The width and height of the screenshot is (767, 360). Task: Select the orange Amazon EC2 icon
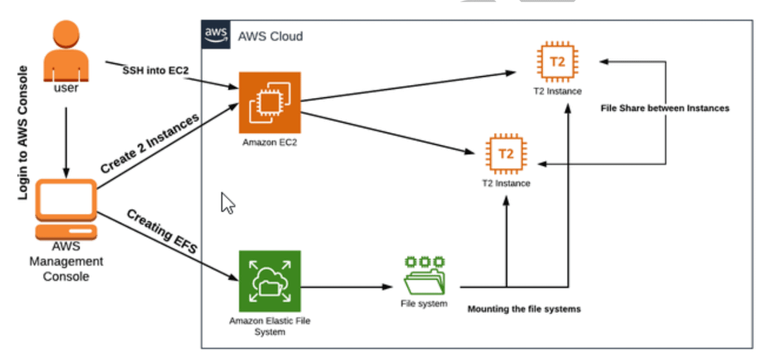[x=270, y=103]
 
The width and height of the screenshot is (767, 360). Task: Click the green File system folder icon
[x=425, y=276]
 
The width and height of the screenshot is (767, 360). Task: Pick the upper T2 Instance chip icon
[x=557, y=62]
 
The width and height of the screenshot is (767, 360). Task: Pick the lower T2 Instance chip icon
[x=506, y=154]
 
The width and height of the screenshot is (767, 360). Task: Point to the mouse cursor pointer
[x=228, y=203]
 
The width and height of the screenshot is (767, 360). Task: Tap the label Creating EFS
[x=162, y=231]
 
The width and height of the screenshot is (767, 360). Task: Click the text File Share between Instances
[x=664, y=108]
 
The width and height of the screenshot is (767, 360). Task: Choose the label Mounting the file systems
[x=524, y=309]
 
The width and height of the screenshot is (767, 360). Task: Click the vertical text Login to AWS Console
[x=23, y=133]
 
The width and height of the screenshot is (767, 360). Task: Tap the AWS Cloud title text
[x=270, y=36]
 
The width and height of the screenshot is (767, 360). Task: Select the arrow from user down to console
[x=66, y=141]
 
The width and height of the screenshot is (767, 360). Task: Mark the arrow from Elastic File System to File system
[x=346, y=286]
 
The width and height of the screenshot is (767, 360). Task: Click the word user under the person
[x=65, y=88]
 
